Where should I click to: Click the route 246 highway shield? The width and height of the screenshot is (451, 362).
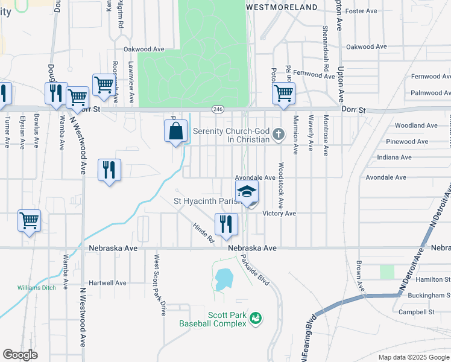tap(218, 109)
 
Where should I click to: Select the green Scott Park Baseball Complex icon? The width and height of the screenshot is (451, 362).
tap(256, 317)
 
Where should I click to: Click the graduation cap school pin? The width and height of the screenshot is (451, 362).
tap(247, 193)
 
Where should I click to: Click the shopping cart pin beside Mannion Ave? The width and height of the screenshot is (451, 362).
tap(283, 94)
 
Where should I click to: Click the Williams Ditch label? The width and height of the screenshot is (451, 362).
tap(36, 288)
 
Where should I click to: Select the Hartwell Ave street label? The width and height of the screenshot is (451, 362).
tap(107, 282)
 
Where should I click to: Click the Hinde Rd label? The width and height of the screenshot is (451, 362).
tap(204, 232)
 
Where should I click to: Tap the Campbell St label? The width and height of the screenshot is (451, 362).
tap(417, 312)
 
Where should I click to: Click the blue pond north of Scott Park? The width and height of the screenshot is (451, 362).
tap(224, 279)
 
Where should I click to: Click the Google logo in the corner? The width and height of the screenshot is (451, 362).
tap(20, 355)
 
